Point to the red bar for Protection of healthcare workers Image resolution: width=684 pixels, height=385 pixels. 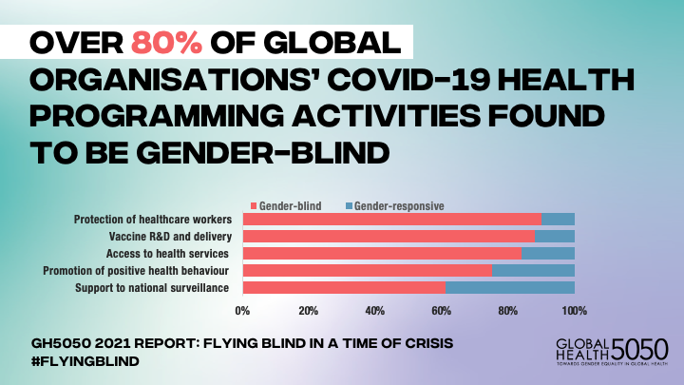tap(391, 220)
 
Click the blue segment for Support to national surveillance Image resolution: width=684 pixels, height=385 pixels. tap(510, 287)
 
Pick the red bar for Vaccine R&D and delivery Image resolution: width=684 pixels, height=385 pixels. tap(389, 236)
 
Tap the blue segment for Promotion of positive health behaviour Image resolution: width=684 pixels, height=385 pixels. tap(533, 270)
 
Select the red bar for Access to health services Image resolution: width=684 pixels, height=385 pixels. tap(382, 253)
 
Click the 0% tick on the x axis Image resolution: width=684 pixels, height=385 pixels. tap(243, 310)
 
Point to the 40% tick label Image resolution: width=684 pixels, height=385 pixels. tap(375, 310)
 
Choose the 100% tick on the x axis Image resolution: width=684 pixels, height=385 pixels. tap(574, 310)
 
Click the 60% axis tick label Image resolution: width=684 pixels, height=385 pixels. tap(442, 310)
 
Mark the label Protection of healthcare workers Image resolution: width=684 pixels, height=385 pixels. tap(154, 220)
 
